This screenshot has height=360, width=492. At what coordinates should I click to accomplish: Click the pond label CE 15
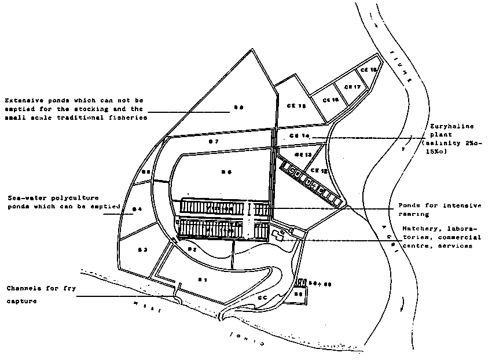point(295,106)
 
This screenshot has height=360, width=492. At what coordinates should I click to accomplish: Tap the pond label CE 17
point(353,87)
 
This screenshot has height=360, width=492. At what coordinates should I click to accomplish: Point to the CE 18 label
point(369,70)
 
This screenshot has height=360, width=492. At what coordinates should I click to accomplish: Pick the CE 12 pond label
point(319,171)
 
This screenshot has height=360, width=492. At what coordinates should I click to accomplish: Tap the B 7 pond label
point(214,141)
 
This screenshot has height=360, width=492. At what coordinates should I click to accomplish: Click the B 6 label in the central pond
point(226,171)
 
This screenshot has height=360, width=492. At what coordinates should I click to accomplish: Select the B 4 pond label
point(137,209)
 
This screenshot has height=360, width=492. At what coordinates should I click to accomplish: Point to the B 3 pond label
point(143,249)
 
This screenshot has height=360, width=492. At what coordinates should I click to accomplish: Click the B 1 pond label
point(203,280)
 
